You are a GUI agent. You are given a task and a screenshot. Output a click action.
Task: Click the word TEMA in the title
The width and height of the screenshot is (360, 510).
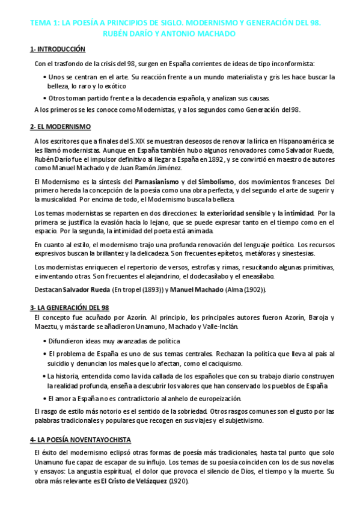[41, 23]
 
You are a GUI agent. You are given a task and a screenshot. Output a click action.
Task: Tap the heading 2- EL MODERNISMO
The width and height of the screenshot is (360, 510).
[60, 126]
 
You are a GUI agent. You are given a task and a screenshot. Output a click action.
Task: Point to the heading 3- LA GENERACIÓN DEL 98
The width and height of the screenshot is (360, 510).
[69, 307]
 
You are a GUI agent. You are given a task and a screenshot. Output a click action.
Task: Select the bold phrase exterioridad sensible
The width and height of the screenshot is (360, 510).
[239, 213]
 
